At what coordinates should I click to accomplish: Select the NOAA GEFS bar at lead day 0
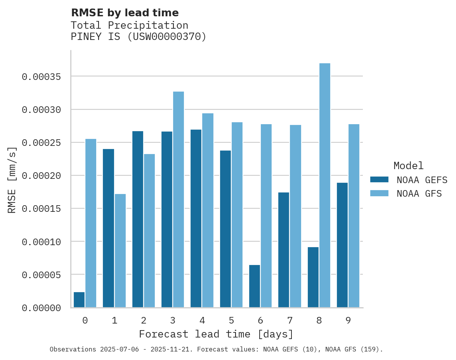(x=79, y=300)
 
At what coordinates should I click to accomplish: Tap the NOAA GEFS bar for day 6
(x=255, y=286)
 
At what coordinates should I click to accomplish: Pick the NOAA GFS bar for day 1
(x=120, y=251)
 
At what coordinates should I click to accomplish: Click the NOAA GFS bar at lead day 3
(x=179, y=199)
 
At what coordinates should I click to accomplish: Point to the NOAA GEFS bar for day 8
(x=313, y=277)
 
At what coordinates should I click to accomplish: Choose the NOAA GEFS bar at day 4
(x=196, y=218)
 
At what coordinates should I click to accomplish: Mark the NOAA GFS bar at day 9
(x=354, y=216)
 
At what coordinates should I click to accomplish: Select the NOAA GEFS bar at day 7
(x=284, y=250)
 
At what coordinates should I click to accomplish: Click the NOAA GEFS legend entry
(x=419, y=180)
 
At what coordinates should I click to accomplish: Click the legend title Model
(x=408, y=166)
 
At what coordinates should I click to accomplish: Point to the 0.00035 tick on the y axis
(x=42, y=77)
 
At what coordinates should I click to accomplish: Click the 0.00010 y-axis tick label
(x=42, y=242)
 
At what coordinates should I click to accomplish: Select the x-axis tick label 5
(x=231, y=320)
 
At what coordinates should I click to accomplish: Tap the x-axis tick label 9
(x=348, y=320)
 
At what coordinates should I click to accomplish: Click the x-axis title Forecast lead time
(x=216, y=334)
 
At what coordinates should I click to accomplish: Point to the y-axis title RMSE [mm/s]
(x=12, y=180)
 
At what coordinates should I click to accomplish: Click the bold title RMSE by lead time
(x=125, y=13)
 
